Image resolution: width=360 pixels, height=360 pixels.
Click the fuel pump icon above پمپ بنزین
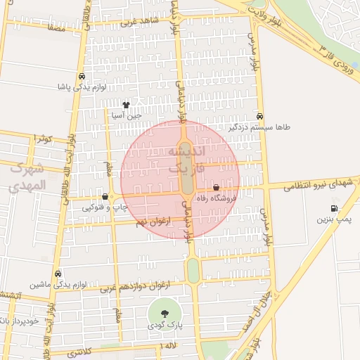click(x=333, y=208)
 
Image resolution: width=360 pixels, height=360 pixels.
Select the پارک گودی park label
click(x=165, y=326)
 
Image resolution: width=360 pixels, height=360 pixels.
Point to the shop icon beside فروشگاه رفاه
click(x=216, y=188)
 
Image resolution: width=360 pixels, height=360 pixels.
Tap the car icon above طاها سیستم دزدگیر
click(x=260, y=116)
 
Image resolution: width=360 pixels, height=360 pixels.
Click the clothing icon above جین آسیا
click(x=126, y=104)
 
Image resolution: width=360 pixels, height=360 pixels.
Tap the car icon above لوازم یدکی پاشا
click(x=82, y=77)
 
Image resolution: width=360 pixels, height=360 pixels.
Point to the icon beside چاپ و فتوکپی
click(x=105, y=197)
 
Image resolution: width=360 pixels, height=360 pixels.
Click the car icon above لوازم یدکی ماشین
click(x=58, y=274)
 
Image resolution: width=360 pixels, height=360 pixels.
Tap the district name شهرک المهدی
click(x=27, y=177)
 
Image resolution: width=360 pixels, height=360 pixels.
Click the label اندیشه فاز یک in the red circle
click(x=186, y=161)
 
